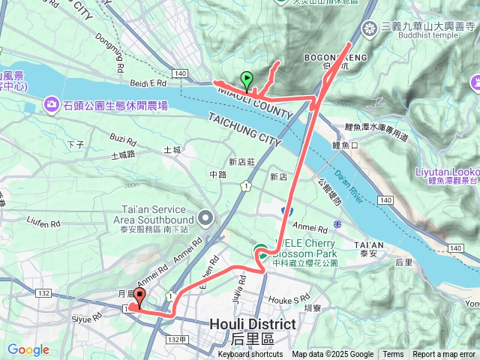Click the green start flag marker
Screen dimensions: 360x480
click(x=247, y=79)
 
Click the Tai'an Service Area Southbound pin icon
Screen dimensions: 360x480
click(x=206, y=218)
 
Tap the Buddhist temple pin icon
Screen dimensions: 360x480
click(x=368, y=29)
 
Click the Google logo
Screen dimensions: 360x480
click(x=28, y=349)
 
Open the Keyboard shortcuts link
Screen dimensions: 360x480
click(x=250, y=355)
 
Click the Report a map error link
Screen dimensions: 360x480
click(x=444, y=355)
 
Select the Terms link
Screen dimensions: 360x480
click(x=393, y=355)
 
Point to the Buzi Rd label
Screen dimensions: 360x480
click(x=124, y=139)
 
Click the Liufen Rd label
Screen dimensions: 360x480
click(x=43, y=223)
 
